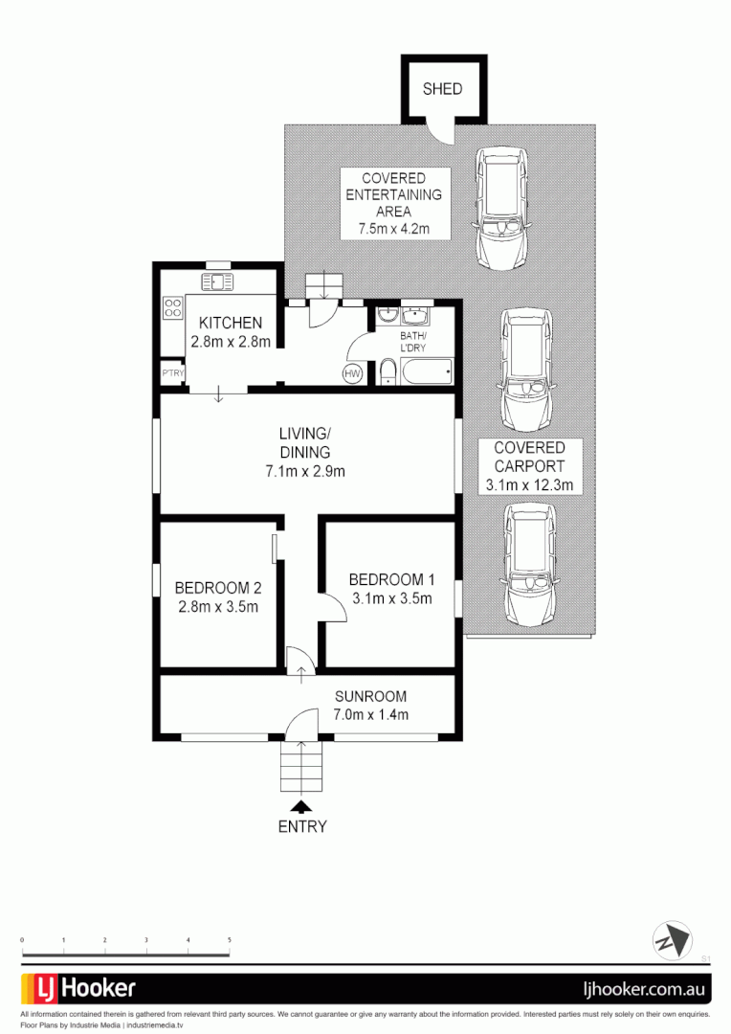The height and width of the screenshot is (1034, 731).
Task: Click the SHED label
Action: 442,89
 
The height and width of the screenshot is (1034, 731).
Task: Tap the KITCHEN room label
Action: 230,324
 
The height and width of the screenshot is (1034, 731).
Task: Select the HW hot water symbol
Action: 352,373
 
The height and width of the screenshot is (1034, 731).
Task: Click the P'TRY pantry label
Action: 172,373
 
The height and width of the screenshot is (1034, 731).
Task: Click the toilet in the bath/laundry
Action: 387,371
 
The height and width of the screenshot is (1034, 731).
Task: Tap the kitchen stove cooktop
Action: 173,308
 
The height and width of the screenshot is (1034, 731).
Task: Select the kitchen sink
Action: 216,281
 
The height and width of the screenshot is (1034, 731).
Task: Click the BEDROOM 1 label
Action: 392,579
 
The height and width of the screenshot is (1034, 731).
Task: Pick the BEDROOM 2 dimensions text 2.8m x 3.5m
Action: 217,606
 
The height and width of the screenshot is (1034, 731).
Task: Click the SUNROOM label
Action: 370,696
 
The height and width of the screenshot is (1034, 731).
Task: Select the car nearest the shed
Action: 501,207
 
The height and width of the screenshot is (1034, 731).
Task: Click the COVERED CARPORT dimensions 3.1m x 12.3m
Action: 529,485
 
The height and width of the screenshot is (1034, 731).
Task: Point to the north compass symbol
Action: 672,939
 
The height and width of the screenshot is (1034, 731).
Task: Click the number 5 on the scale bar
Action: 230,941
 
